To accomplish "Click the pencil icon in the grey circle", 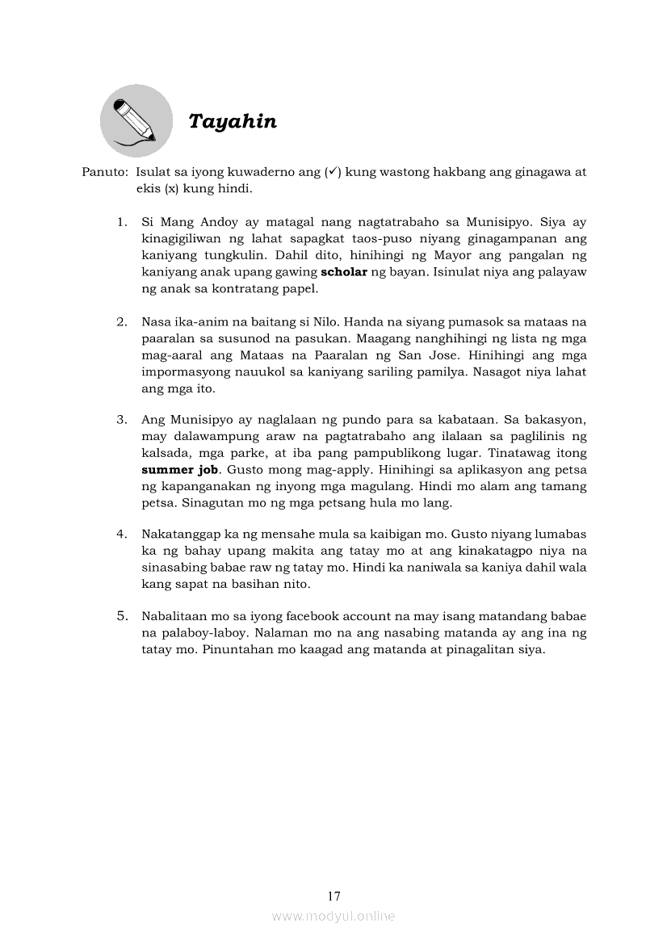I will point(136,121).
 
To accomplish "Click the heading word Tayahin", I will point(233,122).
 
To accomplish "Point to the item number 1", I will point(122,220).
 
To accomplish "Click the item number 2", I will point(122,321).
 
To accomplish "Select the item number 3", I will point(122,420).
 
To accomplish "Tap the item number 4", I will point(122,534).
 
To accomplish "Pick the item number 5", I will point(122,616).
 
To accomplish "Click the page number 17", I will point(333,896).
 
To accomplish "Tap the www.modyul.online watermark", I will point(333,916).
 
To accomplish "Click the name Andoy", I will point(215,221).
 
